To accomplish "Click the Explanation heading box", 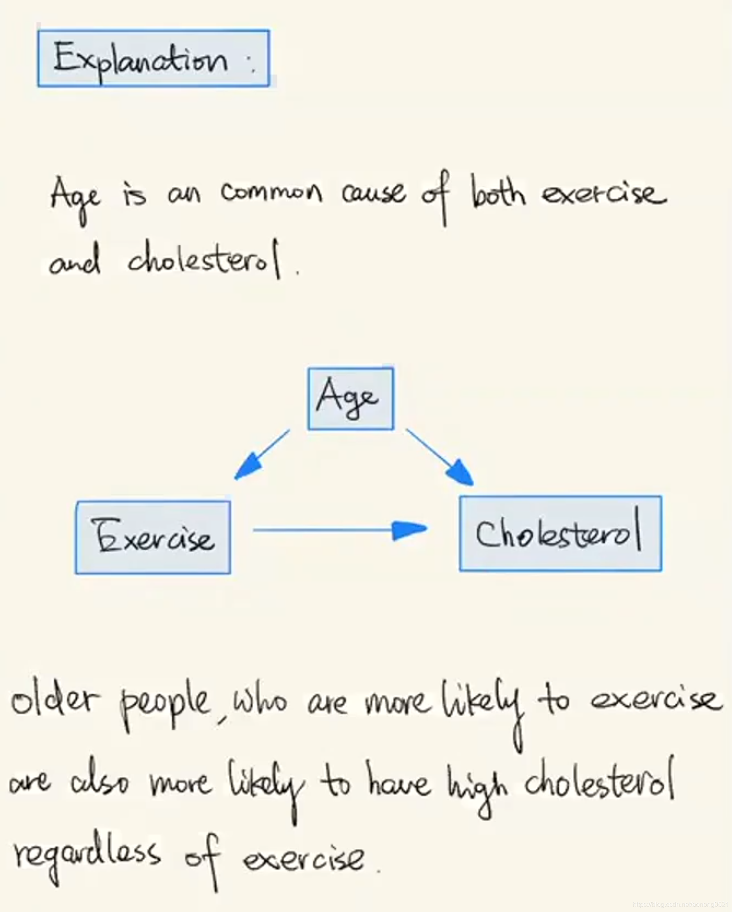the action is [x=153, y=58].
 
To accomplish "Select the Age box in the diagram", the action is [x=350, y=399].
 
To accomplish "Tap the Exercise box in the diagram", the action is [x=153, y=537].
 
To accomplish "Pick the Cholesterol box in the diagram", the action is [x=560, y=533].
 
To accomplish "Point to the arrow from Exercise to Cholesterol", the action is [x=339, y=529].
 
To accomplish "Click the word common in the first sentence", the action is [x=271, y=193].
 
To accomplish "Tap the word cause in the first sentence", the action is [x=373, y=193].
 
